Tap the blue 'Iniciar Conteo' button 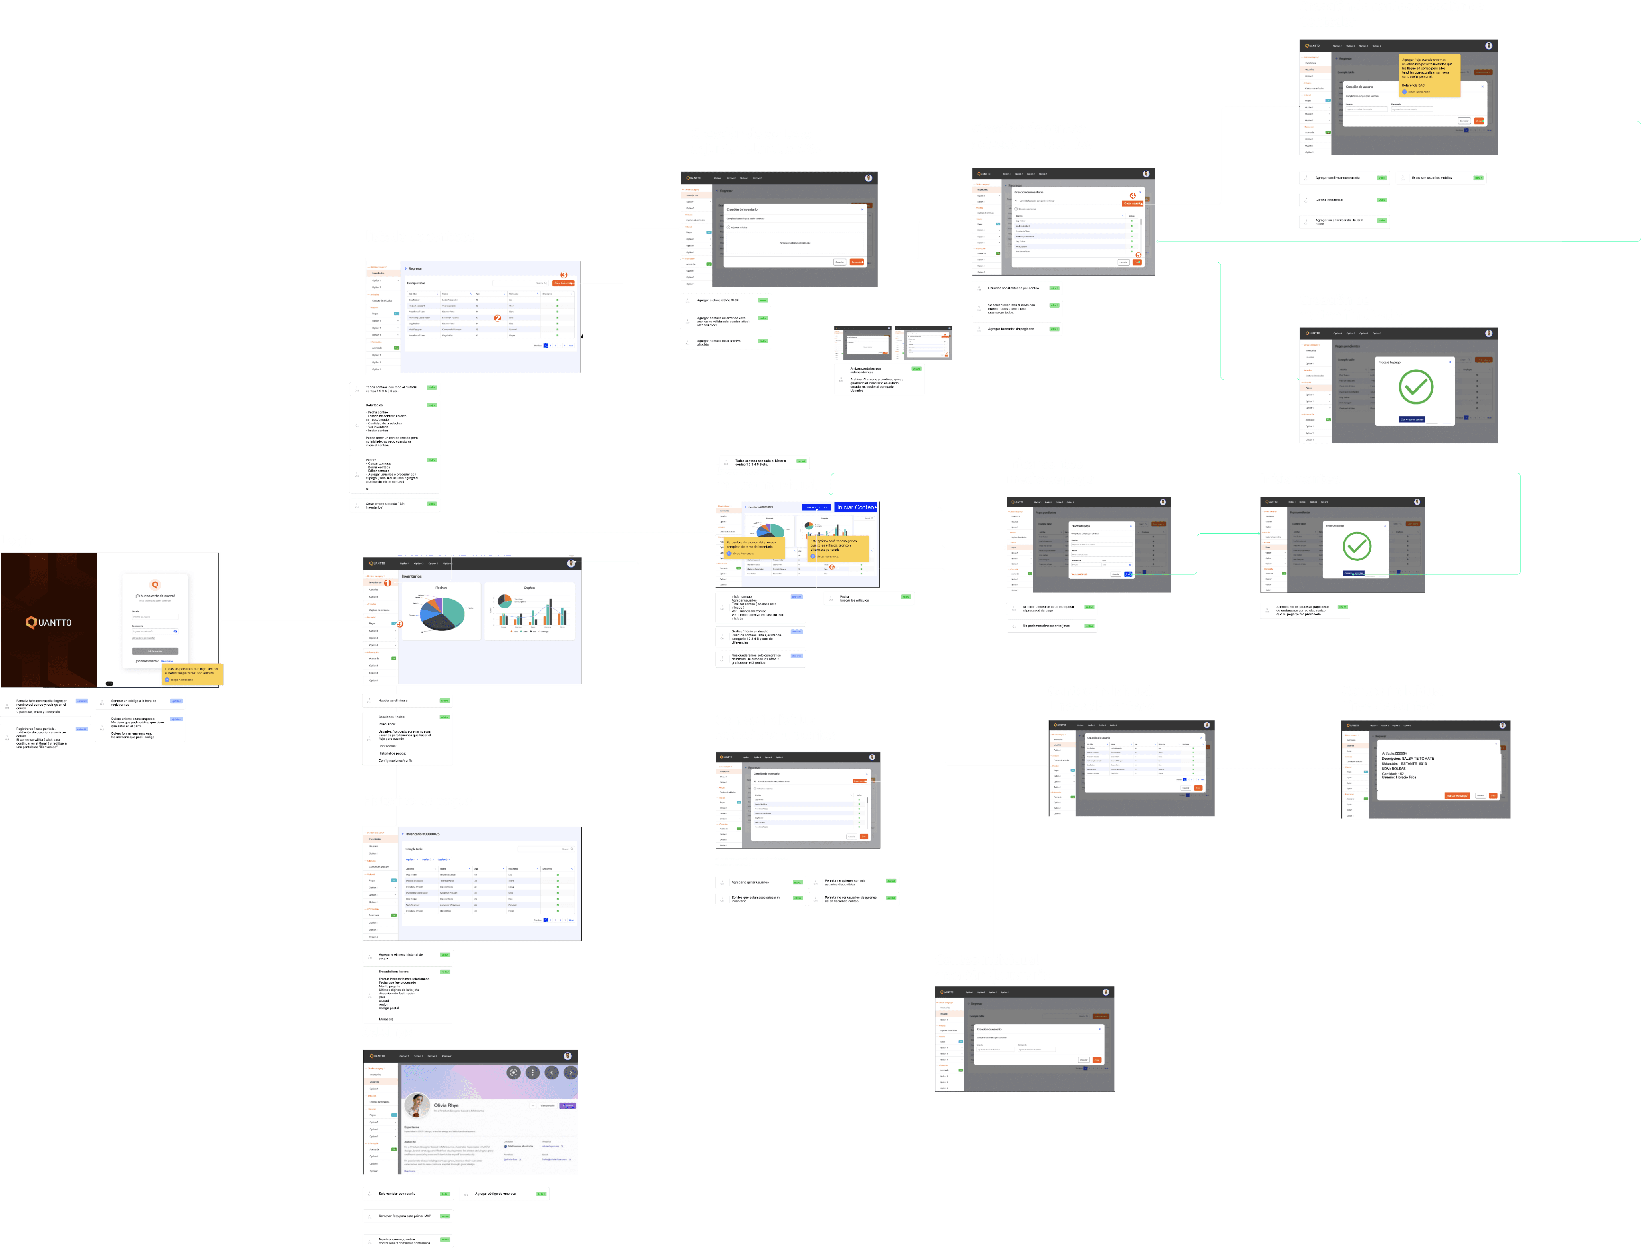[855, 507]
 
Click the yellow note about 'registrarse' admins [192, 673]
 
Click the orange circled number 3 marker [564, 275]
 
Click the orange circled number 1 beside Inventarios [387, 582]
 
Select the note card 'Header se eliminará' [407, 700]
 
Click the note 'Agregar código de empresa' [504, 1194]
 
